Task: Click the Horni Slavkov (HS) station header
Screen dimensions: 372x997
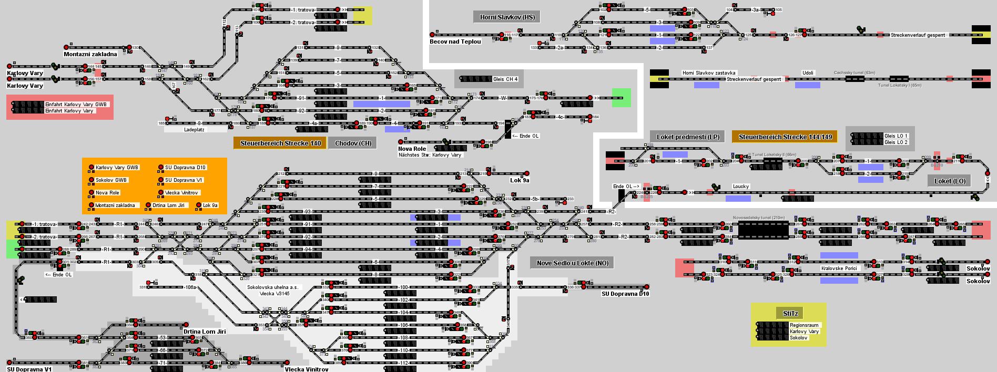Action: pyautogui.click(x=507, y=17)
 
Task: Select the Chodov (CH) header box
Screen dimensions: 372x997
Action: pyautogui.click(x=353, y=143)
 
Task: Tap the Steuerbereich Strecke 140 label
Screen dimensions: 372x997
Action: pyautogui.click(x=280, y=143)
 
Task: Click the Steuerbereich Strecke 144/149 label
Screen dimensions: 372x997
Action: pyautogui.click(x=785, y=137)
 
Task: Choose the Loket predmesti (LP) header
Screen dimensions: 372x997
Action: pyautogui.click(x=687, y=137)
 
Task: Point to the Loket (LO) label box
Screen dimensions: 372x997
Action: pyautogui.click(x=950, y=181)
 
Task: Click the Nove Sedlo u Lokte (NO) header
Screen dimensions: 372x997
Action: pyautogui.click(x=572, y=263)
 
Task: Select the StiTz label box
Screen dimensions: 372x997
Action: pyautogui.click(x=790, y=314)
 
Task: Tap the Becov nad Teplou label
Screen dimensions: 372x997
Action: pyautogui.click(x=455, y=42)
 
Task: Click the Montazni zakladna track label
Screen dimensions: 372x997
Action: pyautogui.click(x=90, y=54)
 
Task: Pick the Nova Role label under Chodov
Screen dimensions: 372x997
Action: pyautogui.click(x=412, y=149)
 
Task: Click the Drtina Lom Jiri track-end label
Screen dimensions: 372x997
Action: pyautogui.click(x=205, y=332)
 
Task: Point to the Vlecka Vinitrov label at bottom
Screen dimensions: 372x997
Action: pyautogui.click(x=307, y=369)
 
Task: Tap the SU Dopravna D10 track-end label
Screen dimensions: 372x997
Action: pyautogui.click(x=625, y=294)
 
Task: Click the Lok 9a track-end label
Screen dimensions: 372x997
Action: pyautogui.click(x=520, y=180)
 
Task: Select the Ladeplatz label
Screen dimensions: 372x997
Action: pyautogui.click(x=194, y=129)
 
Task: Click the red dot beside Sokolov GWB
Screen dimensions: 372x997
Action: pyautogui.click(x=91, y=180)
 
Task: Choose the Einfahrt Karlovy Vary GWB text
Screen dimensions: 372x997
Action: pyautogui.click(x=76, y=105)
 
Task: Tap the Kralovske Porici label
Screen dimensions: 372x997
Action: pyautogui.click(x=839, y=268)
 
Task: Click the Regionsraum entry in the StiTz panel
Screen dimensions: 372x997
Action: pyautogui.click(x=804, y=325)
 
